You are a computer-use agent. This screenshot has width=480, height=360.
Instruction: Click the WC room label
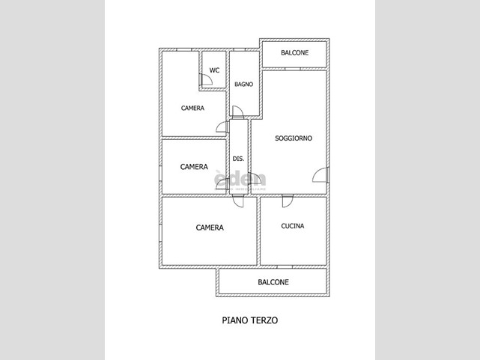[x=214, y=70]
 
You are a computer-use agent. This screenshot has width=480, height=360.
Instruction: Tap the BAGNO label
[x=244, y=84]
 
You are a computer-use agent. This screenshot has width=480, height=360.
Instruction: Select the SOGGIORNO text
[x=294, y=138]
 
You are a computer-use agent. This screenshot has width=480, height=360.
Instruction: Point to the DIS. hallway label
[x=238, y=159]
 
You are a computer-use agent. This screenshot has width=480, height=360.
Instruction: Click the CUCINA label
[x=293, y=226]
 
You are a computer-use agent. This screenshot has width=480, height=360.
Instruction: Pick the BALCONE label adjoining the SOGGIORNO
[x=294, y=52]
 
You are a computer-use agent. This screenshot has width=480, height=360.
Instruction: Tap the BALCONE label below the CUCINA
[x=273, y=282]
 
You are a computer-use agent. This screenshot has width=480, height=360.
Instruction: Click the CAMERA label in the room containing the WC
[x=192, y=108]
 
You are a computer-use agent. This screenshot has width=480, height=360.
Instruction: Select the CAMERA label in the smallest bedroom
[x=194, y=167]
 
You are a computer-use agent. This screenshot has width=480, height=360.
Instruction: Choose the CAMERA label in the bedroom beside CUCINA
[x=210, y=228]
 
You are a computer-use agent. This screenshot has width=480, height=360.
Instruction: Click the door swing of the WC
[x=206, y=79]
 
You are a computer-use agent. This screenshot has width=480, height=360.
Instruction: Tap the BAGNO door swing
[x=238, y=112]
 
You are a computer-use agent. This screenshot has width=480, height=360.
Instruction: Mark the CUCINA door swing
[x=288, y=201]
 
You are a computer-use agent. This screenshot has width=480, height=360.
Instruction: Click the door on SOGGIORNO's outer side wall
[x=320, y=175]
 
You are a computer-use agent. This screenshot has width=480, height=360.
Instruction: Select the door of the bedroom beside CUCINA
[x=238, y=201]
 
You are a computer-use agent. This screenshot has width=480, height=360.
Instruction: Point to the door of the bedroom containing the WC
[x=222, y=127]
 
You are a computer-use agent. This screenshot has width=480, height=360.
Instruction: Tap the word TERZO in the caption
[x=264, y=320]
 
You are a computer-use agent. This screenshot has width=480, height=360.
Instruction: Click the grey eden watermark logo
[x=240, y=180]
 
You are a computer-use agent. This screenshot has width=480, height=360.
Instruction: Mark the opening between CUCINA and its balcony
[x=285, y=266]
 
